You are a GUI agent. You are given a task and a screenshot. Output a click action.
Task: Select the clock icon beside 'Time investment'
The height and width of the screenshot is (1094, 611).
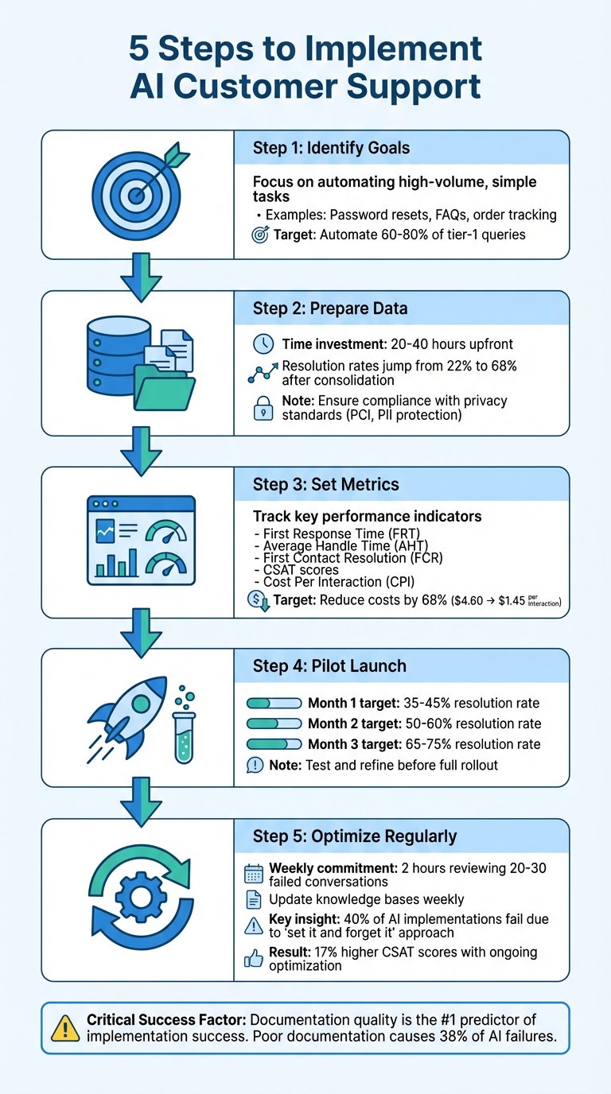262,344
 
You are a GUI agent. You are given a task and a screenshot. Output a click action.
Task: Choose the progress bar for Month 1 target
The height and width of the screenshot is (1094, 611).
274,704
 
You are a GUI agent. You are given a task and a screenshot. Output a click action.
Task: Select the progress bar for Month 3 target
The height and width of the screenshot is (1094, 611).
274,744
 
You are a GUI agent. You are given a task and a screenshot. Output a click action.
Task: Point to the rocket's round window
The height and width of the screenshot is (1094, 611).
141,703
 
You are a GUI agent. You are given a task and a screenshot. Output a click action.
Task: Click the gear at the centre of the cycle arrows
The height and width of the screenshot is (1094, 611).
139,898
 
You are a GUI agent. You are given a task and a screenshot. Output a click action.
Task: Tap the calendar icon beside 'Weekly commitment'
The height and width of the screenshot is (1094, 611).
254,874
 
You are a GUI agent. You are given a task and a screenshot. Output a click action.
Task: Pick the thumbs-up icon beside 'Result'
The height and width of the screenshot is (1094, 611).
254,960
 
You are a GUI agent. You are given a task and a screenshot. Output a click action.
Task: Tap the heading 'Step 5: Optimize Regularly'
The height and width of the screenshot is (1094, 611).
355,836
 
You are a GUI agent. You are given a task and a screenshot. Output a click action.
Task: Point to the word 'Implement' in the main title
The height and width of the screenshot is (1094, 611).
403,49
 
